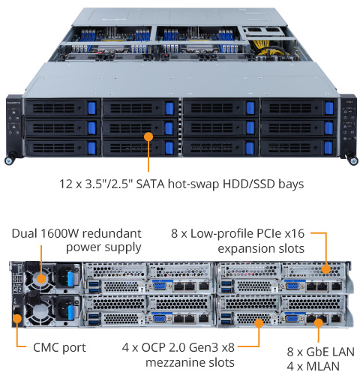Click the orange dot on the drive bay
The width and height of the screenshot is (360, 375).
point(148,136)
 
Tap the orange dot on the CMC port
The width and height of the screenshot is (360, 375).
point(17,319)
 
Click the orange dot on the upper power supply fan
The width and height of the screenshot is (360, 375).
point(41,278)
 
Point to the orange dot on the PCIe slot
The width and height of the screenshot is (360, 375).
point(326,269)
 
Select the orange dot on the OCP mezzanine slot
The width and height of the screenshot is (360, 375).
point(259,323)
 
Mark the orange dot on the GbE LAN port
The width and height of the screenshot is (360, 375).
point(319,323)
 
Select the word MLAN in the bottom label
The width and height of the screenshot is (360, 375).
point(323,367)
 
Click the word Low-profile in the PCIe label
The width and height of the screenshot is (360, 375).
point(222,234)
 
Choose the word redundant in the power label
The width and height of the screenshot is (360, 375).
point(112,233)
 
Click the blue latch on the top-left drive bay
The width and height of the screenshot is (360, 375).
point(91,108)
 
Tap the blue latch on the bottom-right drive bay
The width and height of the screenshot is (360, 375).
point(328,148)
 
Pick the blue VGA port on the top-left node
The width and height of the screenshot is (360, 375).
point(160,286)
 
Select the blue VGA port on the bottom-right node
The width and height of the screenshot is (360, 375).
point(292,319)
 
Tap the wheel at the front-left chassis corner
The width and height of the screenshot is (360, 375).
point(10,160)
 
